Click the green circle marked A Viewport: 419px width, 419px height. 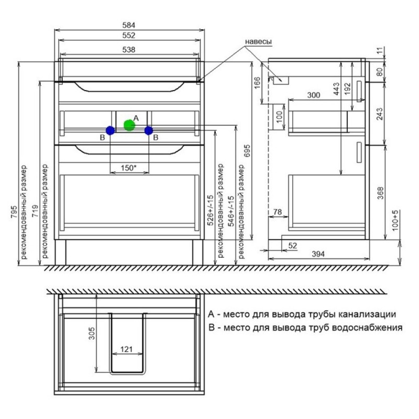point(129,125)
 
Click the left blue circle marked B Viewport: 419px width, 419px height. point(111,130)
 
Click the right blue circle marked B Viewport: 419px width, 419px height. point(149,130)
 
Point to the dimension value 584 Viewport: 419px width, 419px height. point(129,25)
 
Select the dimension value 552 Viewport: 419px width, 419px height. point(129,35)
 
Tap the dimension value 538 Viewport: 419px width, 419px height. point(129,49)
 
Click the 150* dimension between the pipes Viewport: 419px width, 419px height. point(129,168)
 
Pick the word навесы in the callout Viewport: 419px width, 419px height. point(258,41)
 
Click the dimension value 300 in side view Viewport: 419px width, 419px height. point(313,95)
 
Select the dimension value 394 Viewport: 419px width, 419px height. point(318,253)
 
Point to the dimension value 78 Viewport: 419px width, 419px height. point(278,212)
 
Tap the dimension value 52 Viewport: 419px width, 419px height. point(293,245)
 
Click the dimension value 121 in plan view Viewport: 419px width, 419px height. point(126,349)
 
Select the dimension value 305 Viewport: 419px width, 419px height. point(92,333)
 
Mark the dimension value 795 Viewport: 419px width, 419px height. point(14,212)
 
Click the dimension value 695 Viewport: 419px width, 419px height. point(247,151)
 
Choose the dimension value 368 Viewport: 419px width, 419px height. point(380,193)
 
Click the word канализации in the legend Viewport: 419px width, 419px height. point(367,314)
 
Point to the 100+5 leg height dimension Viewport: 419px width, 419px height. point(395,220)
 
